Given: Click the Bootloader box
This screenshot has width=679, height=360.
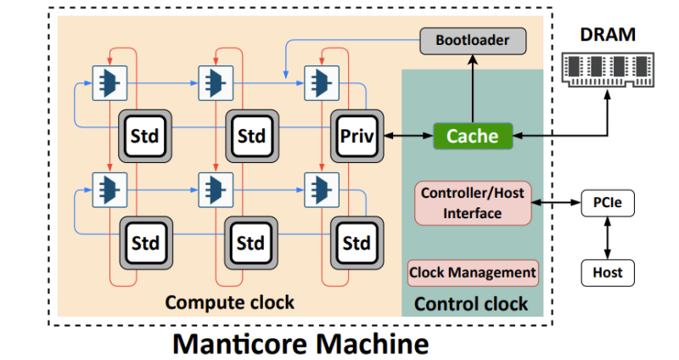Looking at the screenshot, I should (474, 39).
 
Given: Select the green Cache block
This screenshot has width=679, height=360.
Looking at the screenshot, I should (473, 135).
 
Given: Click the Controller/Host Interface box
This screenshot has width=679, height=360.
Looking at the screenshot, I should (473, 203).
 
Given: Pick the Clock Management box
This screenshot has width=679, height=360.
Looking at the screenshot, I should (473, 273).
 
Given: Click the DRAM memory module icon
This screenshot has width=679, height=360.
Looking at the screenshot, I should (608, 65).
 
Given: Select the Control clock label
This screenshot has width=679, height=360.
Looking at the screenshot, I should (471, 303).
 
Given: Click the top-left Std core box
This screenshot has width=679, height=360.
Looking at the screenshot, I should (144, 135).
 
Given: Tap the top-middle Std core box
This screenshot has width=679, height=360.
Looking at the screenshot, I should (251, 135).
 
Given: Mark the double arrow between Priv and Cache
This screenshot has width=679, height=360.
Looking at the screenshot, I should (407, 135).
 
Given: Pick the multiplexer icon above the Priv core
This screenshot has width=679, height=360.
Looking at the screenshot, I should (323, 80).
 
